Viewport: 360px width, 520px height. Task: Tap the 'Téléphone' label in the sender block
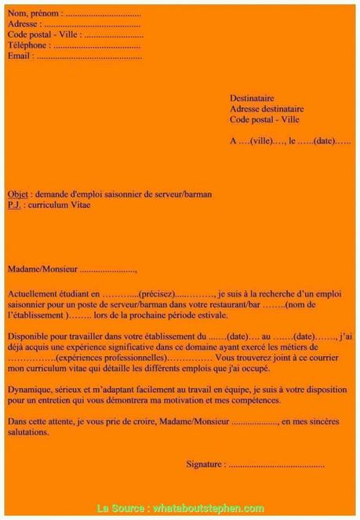[x=28, y=45]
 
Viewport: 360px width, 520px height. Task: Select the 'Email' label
[x=20, y=56]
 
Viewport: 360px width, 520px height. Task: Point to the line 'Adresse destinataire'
[x=267, y=109]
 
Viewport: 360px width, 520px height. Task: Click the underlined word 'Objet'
[x=17, y=194]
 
